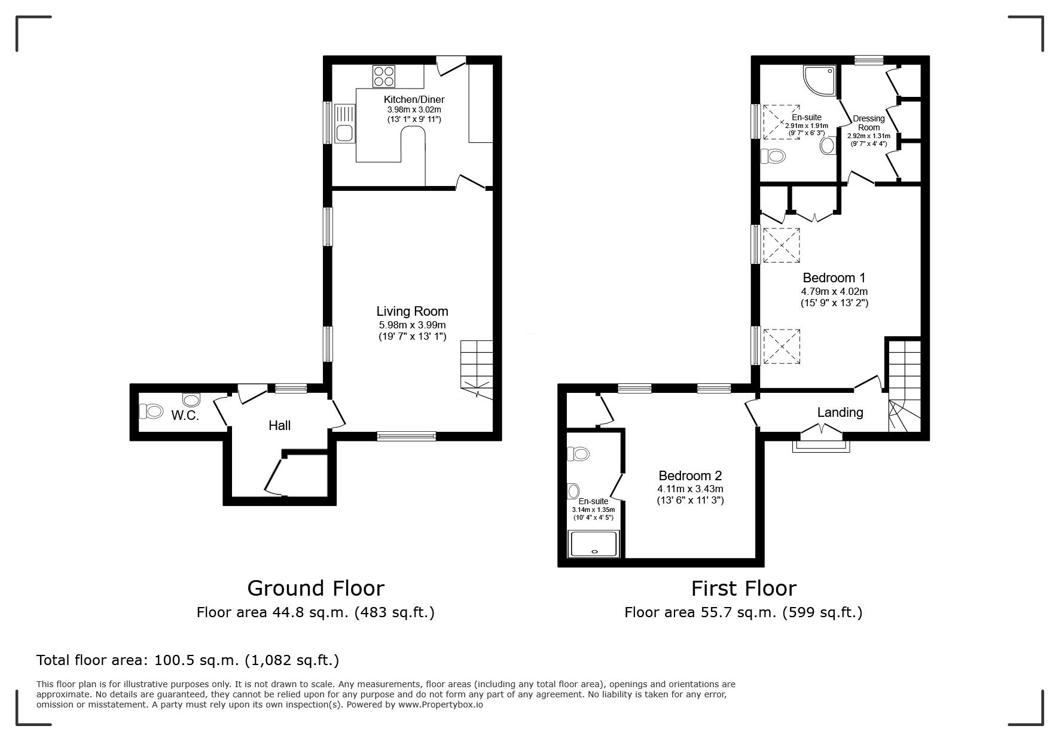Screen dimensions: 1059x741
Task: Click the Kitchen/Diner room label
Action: click(x=414, y=99)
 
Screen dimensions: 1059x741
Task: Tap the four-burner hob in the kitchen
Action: click(x=384, y=77)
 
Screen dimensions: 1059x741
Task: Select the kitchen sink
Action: click(x=344, y=123)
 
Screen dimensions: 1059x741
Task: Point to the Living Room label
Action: click(x=412, y=311)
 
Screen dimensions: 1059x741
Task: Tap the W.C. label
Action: click(x=185, y=416)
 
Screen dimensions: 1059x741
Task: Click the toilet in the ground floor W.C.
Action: click(x=151, y=411)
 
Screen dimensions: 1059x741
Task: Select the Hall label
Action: click(x=279, y=425)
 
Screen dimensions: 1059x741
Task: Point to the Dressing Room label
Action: click(x=868, y=123)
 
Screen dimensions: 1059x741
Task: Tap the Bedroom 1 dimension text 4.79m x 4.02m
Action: click(x=834, y=291)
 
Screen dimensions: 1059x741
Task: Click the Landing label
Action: click(x=840, y=412)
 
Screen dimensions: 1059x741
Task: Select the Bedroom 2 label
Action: click(x=690, y=475)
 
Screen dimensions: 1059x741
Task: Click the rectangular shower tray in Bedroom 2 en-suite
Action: click(x=595, y=544)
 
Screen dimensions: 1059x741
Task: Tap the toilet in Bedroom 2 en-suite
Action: click(x=578, y=454)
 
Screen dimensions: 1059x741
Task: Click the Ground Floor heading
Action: click(x=316, y=588)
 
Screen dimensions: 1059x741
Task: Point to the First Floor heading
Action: click(x=744, y=588)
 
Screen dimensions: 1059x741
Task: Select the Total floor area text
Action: click(x=188, y=660)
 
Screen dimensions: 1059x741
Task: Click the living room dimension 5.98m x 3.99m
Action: click(x=412, y=325)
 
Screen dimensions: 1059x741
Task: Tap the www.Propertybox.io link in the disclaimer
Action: click(x=441, y=705)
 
